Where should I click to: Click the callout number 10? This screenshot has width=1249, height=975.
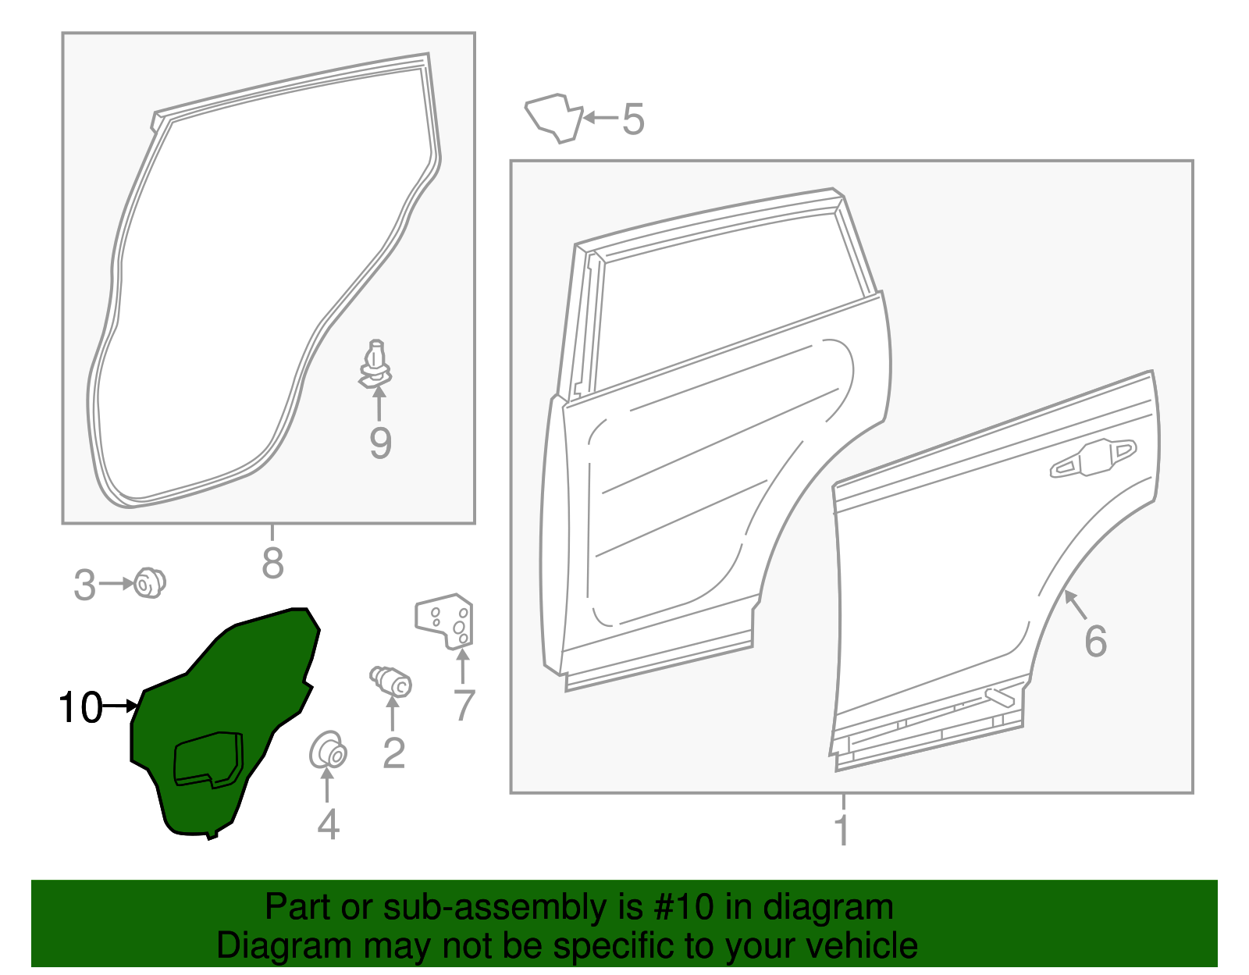click(80, 708)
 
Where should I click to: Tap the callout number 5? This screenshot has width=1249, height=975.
click(633, 119)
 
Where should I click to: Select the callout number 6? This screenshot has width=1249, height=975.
click(1095, 641)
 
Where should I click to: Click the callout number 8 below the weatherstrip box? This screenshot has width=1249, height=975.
click(272, 562)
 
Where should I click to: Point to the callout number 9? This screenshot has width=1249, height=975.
click(380, 443)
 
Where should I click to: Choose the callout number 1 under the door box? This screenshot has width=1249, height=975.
click(842, 830)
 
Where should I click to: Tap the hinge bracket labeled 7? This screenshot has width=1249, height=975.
click(445, 622)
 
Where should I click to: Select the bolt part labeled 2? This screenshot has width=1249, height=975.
click(391, 681)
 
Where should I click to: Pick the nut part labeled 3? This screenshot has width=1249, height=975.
click(148, 583)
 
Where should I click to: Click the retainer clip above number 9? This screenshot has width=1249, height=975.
click(376, 364)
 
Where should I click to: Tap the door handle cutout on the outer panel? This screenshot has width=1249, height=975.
click(1093, 458)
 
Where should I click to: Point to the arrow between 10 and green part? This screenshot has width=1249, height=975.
click(120, 706)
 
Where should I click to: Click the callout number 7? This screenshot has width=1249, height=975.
click(464, 706)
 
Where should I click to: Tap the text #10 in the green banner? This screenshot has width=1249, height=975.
click(681, 908)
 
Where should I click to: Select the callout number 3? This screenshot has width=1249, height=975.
click(84, 585)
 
